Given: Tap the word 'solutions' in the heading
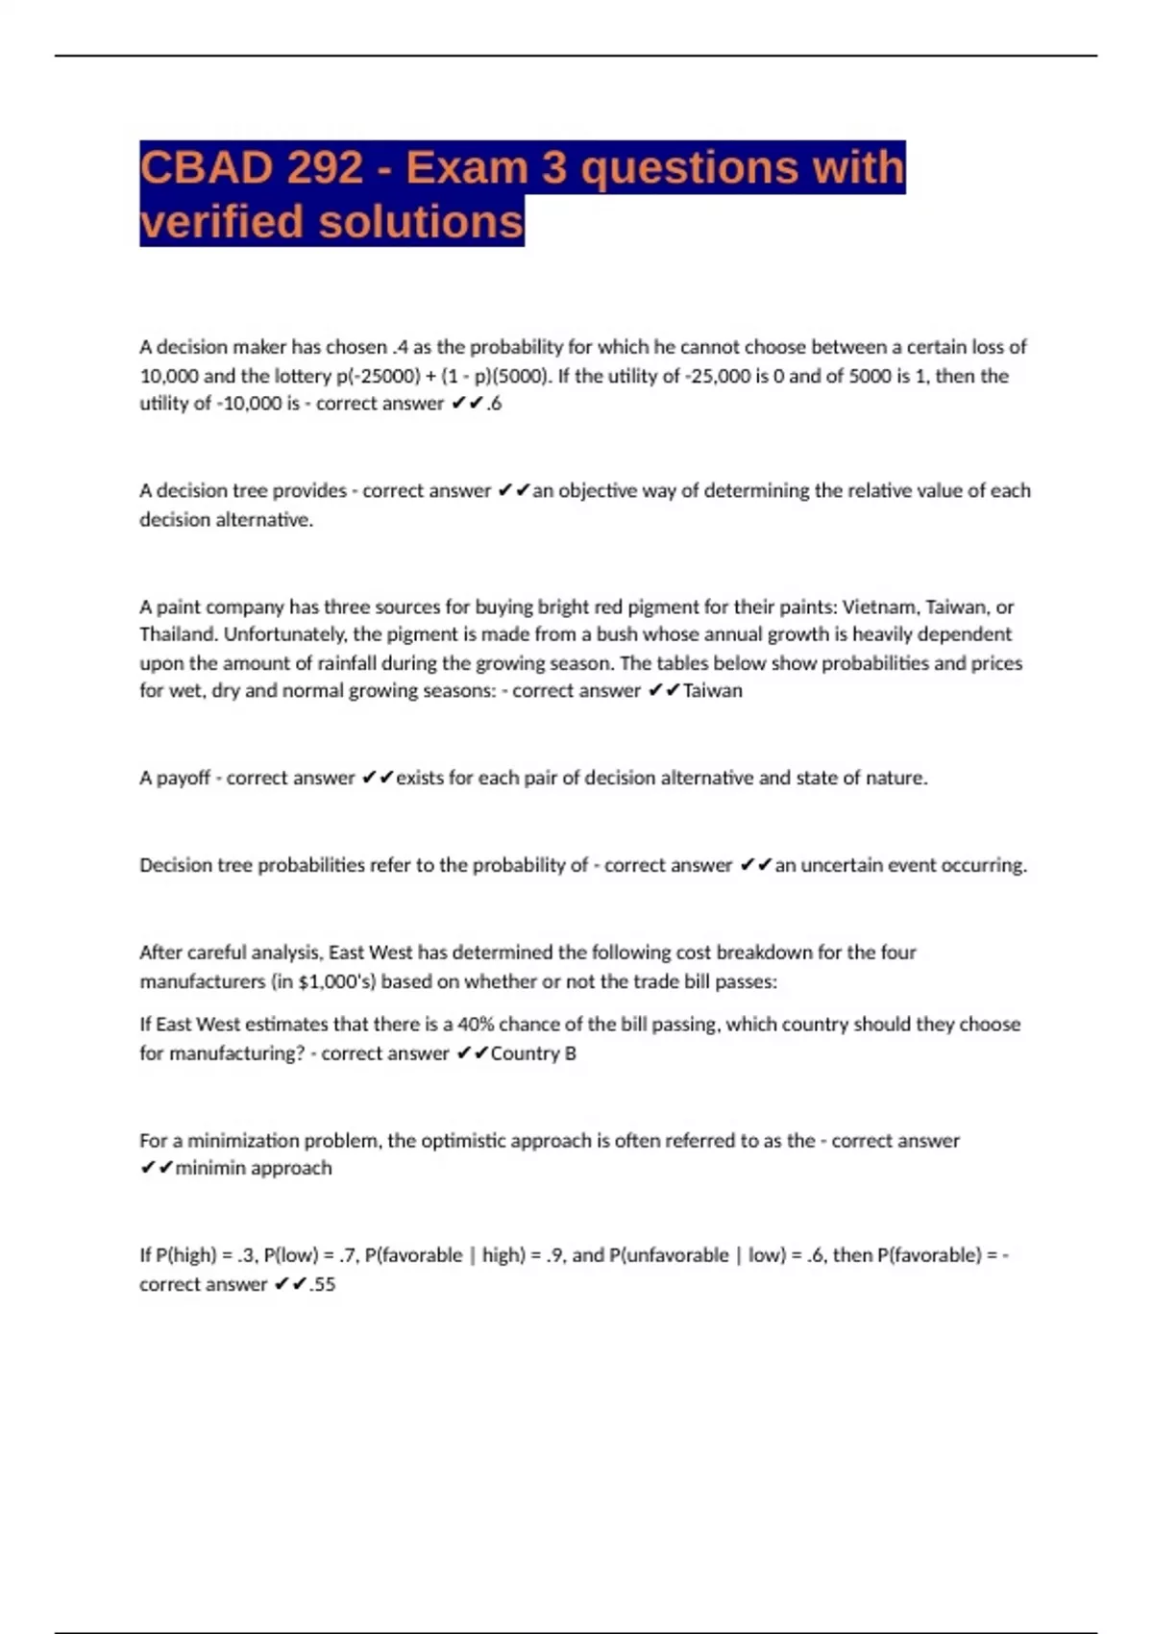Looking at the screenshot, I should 420,222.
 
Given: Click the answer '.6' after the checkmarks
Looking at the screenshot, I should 493,404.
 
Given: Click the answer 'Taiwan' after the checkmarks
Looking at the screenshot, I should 712,690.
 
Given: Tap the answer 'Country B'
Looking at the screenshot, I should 533,1053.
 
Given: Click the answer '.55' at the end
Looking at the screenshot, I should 322,1284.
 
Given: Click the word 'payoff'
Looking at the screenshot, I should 183,778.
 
